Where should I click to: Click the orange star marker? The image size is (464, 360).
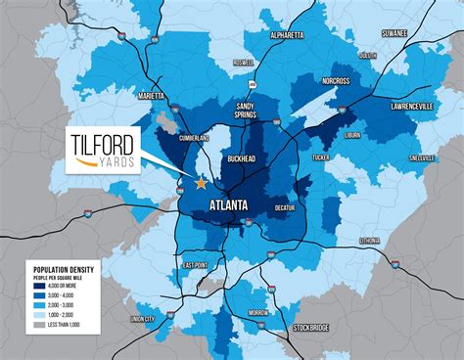201,183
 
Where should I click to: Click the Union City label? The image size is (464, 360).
143,319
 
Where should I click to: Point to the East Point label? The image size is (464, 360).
194,265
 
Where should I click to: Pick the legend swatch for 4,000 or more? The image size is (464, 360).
38,285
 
